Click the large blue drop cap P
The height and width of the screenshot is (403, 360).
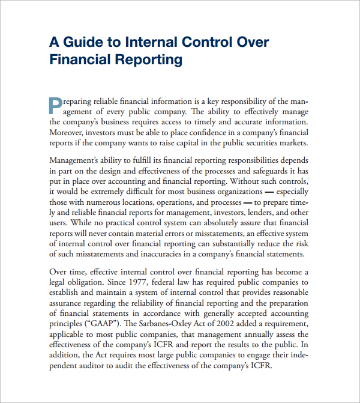[x=55, y=105]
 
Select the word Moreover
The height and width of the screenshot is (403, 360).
[x=65, y=132]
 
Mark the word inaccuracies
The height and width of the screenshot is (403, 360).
[x=159, y=254]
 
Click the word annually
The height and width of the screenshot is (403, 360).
[x=241, y=334]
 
